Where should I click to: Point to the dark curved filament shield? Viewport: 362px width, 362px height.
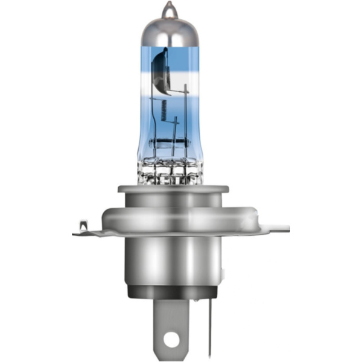point(157,69)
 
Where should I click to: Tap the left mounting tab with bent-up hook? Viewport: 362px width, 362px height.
point(84,228)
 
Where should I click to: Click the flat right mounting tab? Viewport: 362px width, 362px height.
point(275,228)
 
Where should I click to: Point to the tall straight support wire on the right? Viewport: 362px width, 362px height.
point(185,121)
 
